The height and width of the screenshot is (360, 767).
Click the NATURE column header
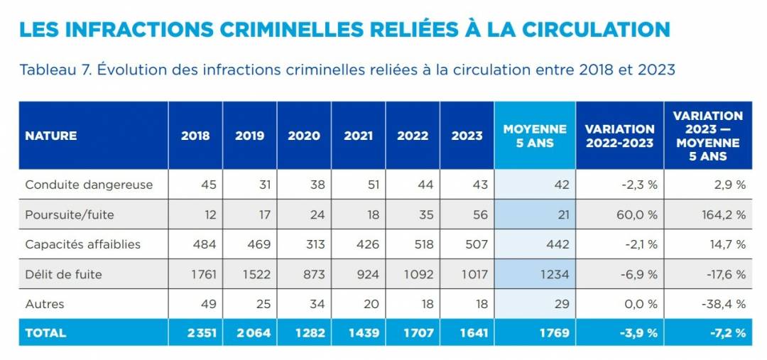50,136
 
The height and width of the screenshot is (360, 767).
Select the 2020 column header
303,136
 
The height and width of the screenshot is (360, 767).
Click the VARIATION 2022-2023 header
619,136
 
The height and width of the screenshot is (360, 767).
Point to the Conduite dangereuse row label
89,185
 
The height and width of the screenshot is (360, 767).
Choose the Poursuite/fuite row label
69,214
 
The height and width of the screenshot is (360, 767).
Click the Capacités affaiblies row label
82,244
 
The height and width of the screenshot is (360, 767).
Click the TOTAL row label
45,332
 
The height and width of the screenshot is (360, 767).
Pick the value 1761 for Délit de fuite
202,274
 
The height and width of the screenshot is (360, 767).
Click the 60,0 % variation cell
636,214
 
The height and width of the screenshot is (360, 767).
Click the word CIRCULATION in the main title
597,29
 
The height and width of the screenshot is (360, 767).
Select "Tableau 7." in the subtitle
55,70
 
